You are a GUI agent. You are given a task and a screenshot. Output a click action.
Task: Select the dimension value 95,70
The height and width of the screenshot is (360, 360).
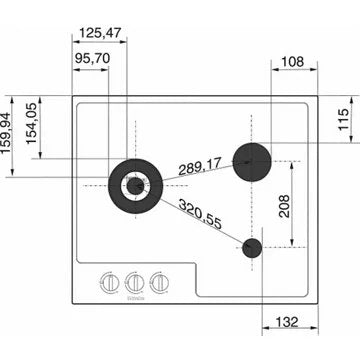pos(91,58)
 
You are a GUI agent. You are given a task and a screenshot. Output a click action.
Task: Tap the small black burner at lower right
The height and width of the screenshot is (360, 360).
pos(251,248)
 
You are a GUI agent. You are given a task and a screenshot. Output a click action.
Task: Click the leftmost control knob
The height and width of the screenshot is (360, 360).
pos(108,284)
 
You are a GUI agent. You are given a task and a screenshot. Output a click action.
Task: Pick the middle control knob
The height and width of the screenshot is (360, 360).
pos(133,284)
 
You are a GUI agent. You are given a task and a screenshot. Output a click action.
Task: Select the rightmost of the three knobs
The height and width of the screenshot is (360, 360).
pos(158,284)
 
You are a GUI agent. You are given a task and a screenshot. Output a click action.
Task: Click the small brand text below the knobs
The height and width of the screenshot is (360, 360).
pos(134,297)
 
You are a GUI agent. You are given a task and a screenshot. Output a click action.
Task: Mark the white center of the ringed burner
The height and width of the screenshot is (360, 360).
pos(134,184)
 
